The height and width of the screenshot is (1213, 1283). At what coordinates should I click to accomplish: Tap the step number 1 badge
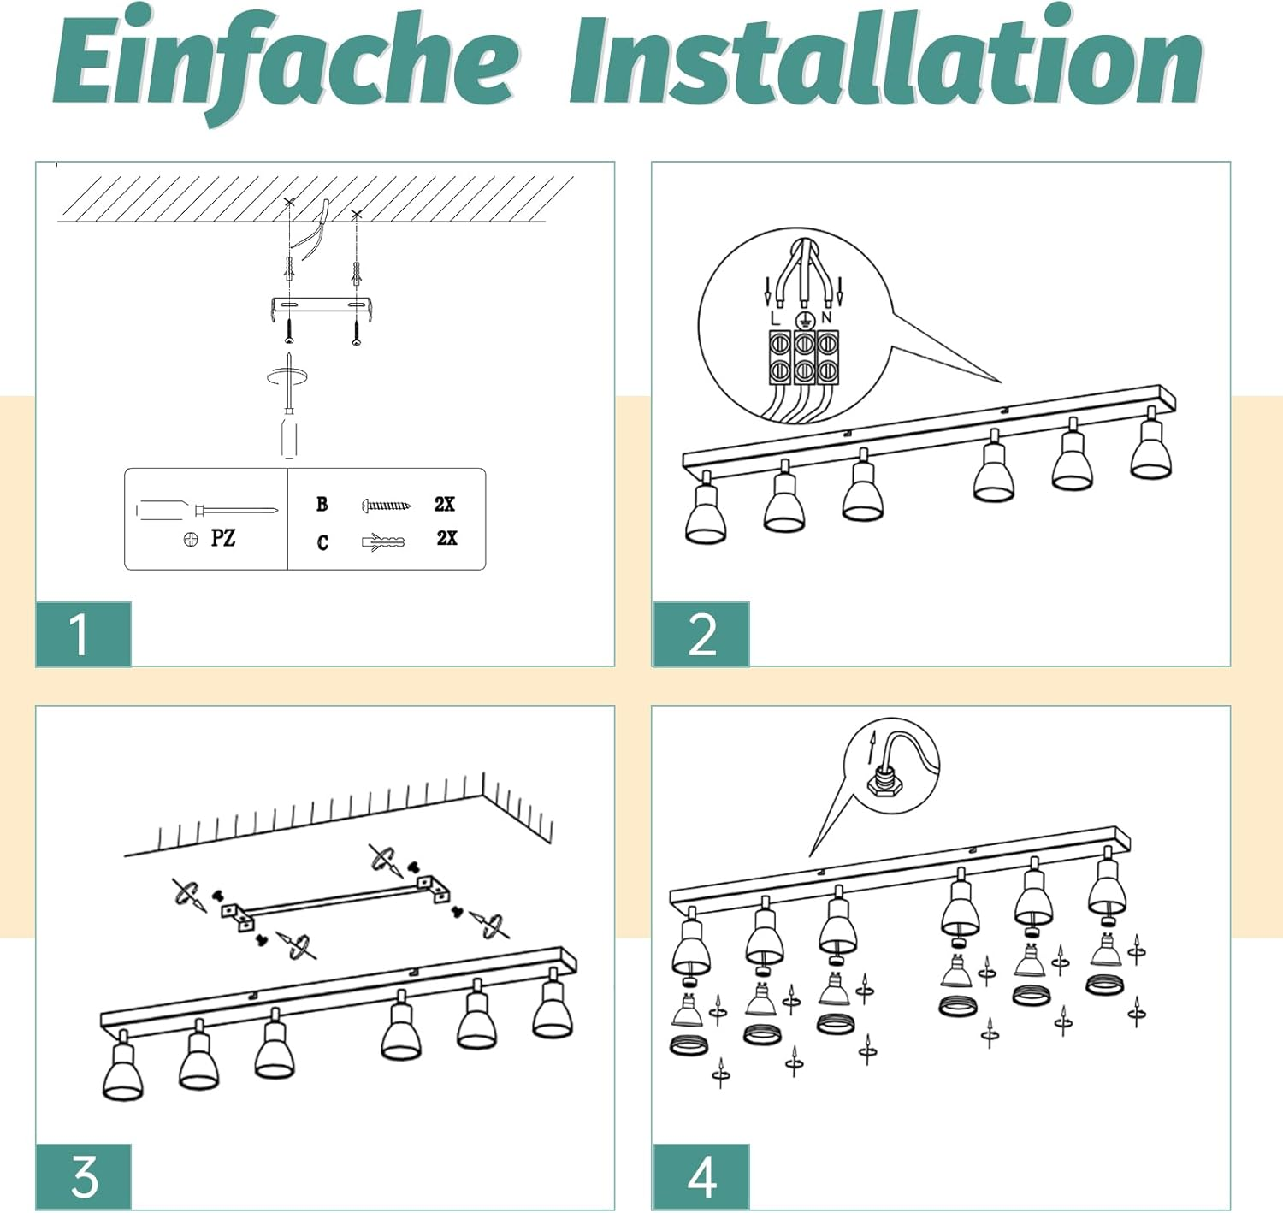tap(84, 634)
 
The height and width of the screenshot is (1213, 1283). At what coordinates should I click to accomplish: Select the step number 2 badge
tap(701, 634)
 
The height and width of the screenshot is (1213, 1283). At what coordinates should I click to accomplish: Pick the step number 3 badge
tap(84, 1176)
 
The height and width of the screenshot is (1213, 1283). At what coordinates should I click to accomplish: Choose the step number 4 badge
tap(701, 1176)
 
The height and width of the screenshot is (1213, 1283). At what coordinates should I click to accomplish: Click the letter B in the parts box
tap(322, 504)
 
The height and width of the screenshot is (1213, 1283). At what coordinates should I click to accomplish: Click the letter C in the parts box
tap(322, 542)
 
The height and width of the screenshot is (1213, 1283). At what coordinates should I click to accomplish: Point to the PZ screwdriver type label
tap(222, 539)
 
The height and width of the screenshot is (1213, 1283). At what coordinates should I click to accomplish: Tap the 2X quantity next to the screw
tap(445, 504)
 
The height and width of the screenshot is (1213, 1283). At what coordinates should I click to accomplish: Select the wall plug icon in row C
tap(382, 541)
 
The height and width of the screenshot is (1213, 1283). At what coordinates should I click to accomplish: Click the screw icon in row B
tap(387, 505)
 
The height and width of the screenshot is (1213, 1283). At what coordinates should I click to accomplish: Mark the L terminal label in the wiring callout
tap(775, 319)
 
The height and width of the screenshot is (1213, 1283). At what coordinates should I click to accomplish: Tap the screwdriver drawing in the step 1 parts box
tap(208, 510)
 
